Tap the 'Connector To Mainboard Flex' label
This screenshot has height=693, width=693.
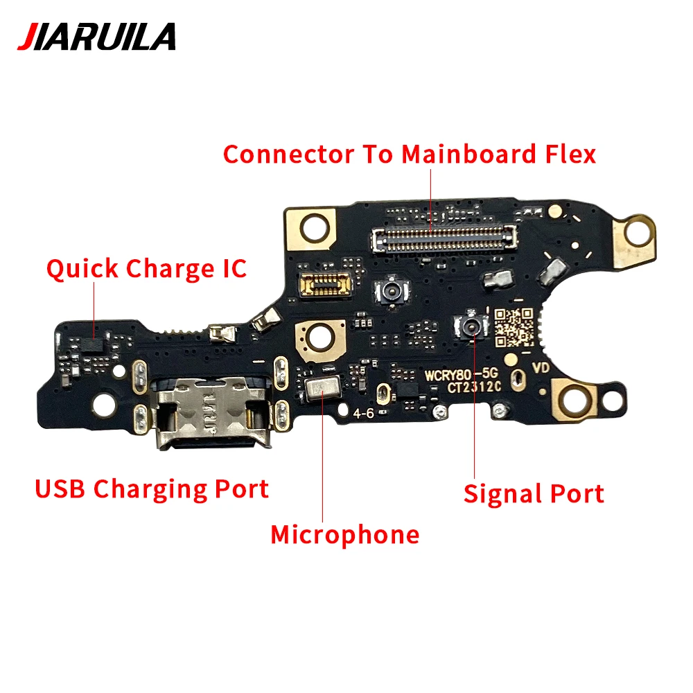409,154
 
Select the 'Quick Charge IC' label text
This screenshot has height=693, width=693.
146,268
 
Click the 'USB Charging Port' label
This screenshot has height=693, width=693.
152,489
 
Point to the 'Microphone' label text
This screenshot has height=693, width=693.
344,534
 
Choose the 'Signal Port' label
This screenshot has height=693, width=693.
534,493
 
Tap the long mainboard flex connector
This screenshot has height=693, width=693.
445,239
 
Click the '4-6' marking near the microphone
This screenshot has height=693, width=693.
364,414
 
